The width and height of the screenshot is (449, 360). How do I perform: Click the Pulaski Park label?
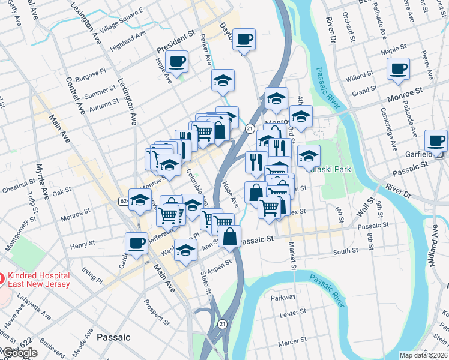click(330, 169)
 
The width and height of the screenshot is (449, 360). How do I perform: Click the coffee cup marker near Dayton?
click(244, 40)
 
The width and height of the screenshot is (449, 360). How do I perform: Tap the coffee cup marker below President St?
click(177, 61)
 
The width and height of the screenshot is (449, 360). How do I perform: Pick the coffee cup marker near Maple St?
click(398, 69)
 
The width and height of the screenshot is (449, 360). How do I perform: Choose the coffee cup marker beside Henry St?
click(136, 244)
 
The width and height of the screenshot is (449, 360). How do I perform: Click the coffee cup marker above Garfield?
click(436, 141)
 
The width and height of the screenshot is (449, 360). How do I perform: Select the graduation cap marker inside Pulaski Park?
click(309, 156)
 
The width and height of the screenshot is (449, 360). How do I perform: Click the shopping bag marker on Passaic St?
click(230, 236)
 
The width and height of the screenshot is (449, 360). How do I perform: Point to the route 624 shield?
click(124, 200)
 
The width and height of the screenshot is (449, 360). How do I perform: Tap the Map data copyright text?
click(423, 355)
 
